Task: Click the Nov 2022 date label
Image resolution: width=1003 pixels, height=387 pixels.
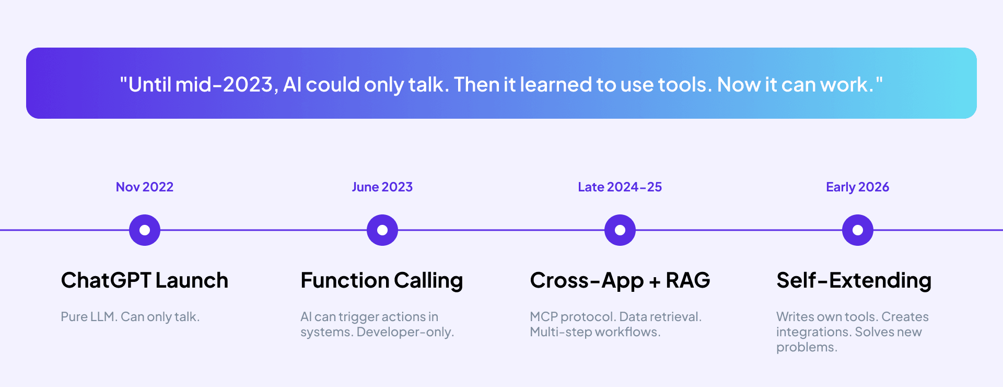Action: (144, 187)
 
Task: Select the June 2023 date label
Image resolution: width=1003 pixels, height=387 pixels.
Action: (382, 187)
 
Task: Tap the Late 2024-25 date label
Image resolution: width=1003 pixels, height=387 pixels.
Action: (620, 187)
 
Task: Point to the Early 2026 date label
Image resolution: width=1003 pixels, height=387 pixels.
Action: (857, 187)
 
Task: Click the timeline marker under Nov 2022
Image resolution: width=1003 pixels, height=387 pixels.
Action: (145, 230)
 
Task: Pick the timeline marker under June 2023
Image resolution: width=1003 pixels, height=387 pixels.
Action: (382, 230)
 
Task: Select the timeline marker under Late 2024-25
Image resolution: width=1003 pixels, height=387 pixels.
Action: (620, 230)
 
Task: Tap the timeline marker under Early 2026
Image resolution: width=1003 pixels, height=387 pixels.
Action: (858, 230)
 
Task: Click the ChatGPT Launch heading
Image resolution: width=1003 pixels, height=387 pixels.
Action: (145, 280)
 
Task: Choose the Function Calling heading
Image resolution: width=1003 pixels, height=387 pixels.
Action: (382, 280)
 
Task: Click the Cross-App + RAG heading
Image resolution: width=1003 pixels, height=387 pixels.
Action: (620, 280)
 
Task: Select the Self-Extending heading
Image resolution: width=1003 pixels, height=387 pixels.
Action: (854, 280)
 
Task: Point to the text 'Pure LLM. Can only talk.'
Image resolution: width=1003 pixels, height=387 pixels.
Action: (130, 316)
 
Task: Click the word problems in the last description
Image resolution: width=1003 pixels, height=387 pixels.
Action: (806, 347)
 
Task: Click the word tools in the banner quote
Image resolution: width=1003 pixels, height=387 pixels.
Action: (684, 84)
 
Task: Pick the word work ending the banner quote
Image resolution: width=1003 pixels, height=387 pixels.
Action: (845, 84)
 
